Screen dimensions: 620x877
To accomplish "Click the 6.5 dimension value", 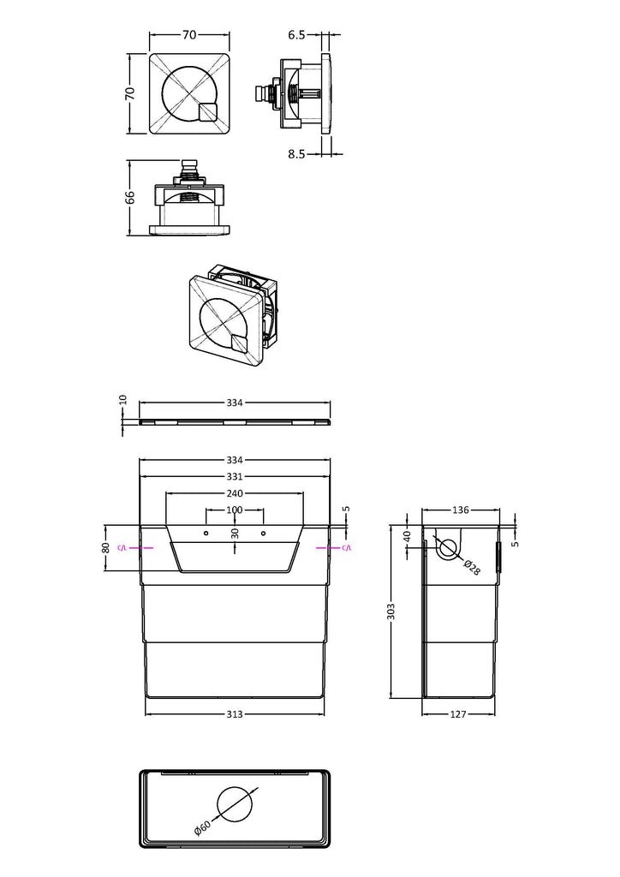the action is [x=296, y=34].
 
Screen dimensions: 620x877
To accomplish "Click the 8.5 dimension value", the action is [x=296, y=154].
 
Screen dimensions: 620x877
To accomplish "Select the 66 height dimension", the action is [x=130, y=198].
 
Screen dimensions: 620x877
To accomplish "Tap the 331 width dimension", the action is [x=235, y=476].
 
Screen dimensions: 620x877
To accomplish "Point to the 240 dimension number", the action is [x=235, y=493].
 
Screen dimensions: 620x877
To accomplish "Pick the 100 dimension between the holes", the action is [x=235, y=510].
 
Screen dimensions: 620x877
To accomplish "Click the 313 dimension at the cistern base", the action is [x=235, y=714].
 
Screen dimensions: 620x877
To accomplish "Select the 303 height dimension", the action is [x=391, y=611].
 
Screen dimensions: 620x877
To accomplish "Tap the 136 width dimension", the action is [x=461, y=510].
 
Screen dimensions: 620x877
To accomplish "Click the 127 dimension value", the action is [x=458, y=714].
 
